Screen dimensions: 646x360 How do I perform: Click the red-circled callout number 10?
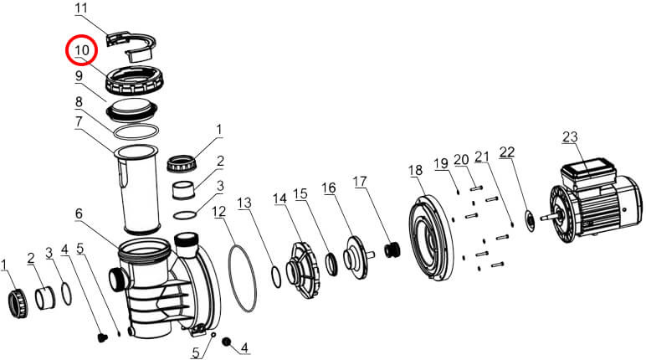coord(81,50)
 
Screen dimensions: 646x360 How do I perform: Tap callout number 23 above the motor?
coord(570,137)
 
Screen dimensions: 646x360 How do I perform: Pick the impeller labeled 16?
coord(356,257)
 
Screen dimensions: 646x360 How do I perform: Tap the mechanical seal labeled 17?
coord(392,249)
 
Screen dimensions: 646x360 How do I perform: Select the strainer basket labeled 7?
coord(136,188)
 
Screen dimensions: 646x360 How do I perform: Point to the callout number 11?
coord(81,8)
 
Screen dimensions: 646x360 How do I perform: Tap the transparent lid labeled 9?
coord(131,110)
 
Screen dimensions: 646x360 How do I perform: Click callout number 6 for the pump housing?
coord(79,213)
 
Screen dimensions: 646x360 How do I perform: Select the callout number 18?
coord(416,170)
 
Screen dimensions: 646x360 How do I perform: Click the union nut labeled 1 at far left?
coord(18,304)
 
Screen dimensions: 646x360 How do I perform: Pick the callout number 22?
coord(507,152)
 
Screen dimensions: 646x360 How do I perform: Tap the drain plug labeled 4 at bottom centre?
coord(225,342)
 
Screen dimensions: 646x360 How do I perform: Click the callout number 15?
coord(300,194)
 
